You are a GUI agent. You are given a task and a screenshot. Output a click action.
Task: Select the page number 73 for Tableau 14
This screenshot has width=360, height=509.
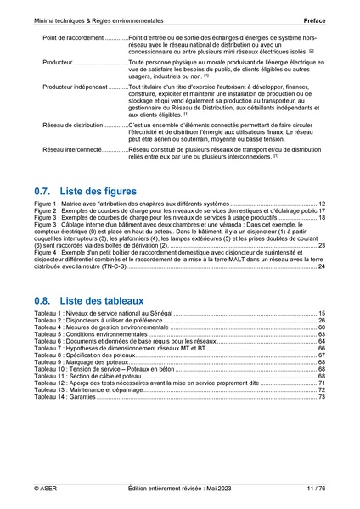click(x=322, y=397)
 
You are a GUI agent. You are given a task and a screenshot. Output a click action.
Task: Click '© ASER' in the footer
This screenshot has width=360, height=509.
click(x=46, y=489)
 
